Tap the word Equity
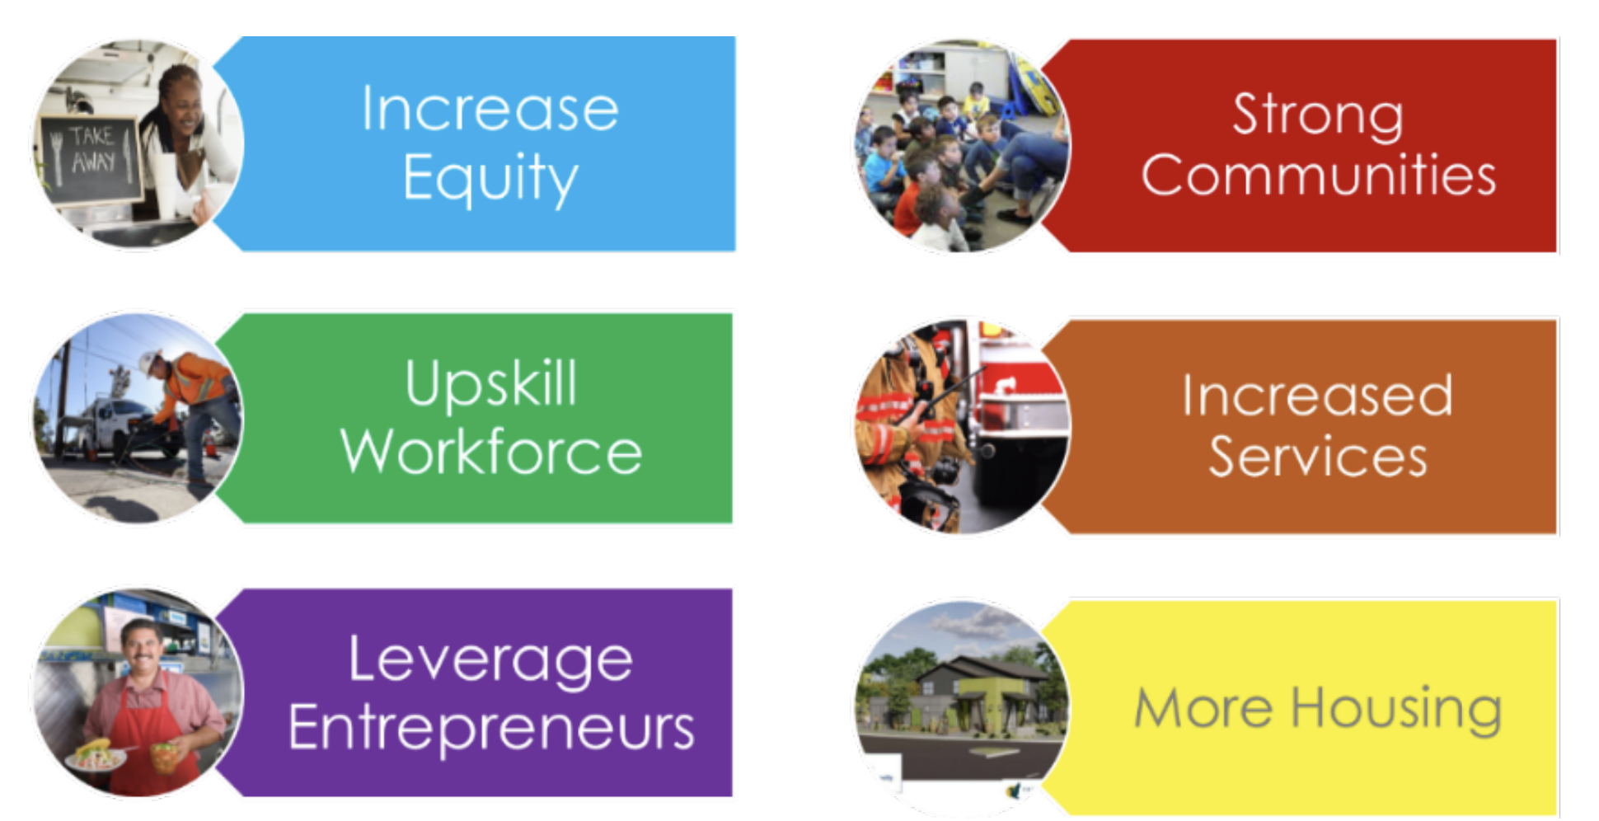pos(490,178)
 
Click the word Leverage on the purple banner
pos(490,661)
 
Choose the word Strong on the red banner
pos(1318,115)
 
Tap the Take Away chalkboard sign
pos(89,158)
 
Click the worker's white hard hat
pos(149,361)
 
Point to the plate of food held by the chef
pos(96,754)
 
